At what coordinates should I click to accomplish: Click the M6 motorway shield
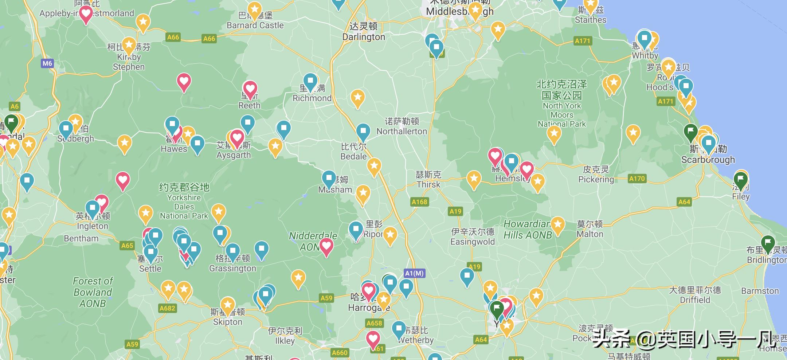(x=47, y=63)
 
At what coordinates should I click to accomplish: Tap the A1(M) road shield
(x=415, y=273)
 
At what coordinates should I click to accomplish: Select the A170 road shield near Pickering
(x=637, y=178)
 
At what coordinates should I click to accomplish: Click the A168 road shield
(x=419, y=201)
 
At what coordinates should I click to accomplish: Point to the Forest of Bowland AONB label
(x=93, y=292)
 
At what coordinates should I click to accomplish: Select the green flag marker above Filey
(x=740, y=179)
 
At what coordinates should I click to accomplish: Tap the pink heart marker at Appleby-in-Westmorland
(x=86, y=14)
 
